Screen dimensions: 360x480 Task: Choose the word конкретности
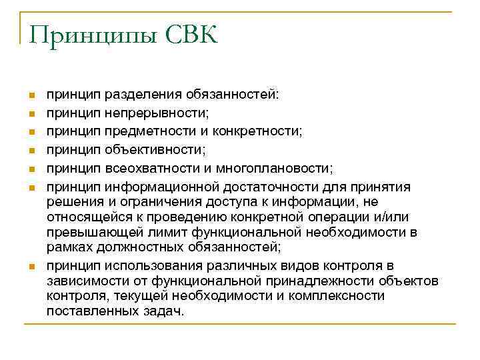click(262, 131)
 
